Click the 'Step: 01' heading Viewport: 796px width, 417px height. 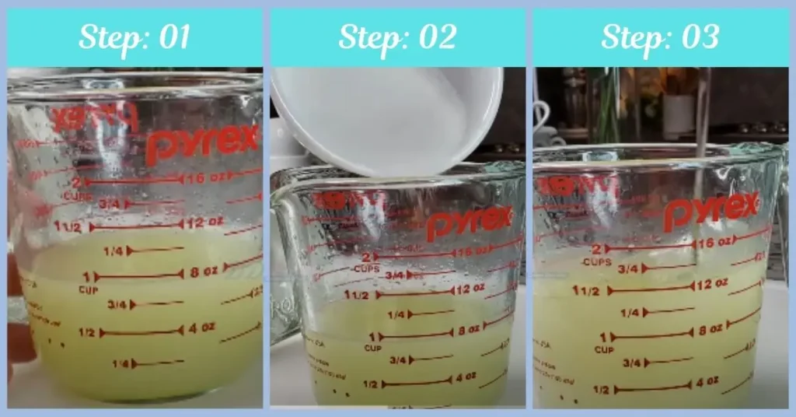pyautogui.click(x=134, y=37)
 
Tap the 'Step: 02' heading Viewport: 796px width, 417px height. pyautogui.click(x=397, y=37)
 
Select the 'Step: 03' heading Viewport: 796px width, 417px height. pyautogui.click(x=660, y=37)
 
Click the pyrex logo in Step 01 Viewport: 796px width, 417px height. pyautogui.click(x=201, y=141)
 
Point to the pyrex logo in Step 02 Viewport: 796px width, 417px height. pyautogui.click(x=470, y=223)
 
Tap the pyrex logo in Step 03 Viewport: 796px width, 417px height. pyautogui.click(x=710, y=211)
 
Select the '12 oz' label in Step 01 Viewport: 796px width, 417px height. pyautogui.click(x=205, y=223)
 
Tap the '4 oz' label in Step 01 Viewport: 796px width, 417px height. pyautogui.click(x=200, y=328)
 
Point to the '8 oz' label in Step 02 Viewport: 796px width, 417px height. pyautogui.click(x=469, y=330)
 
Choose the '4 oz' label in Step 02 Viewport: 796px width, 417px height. pyautogui.click(x=465, y=377)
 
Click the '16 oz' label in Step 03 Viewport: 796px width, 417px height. pyautogui.click(x=714, y=243)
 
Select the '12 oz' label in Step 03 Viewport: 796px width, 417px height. pyautogui.click(x=711, y=285)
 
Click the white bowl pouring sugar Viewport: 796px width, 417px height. pyautogui.click(x=386, y=117)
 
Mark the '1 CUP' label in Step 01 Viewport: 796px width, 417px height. pyautogui.click(x=88, y=281)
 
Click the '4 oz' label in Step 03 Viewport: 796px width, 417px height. pyautogui.click(x=706, y=382)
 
